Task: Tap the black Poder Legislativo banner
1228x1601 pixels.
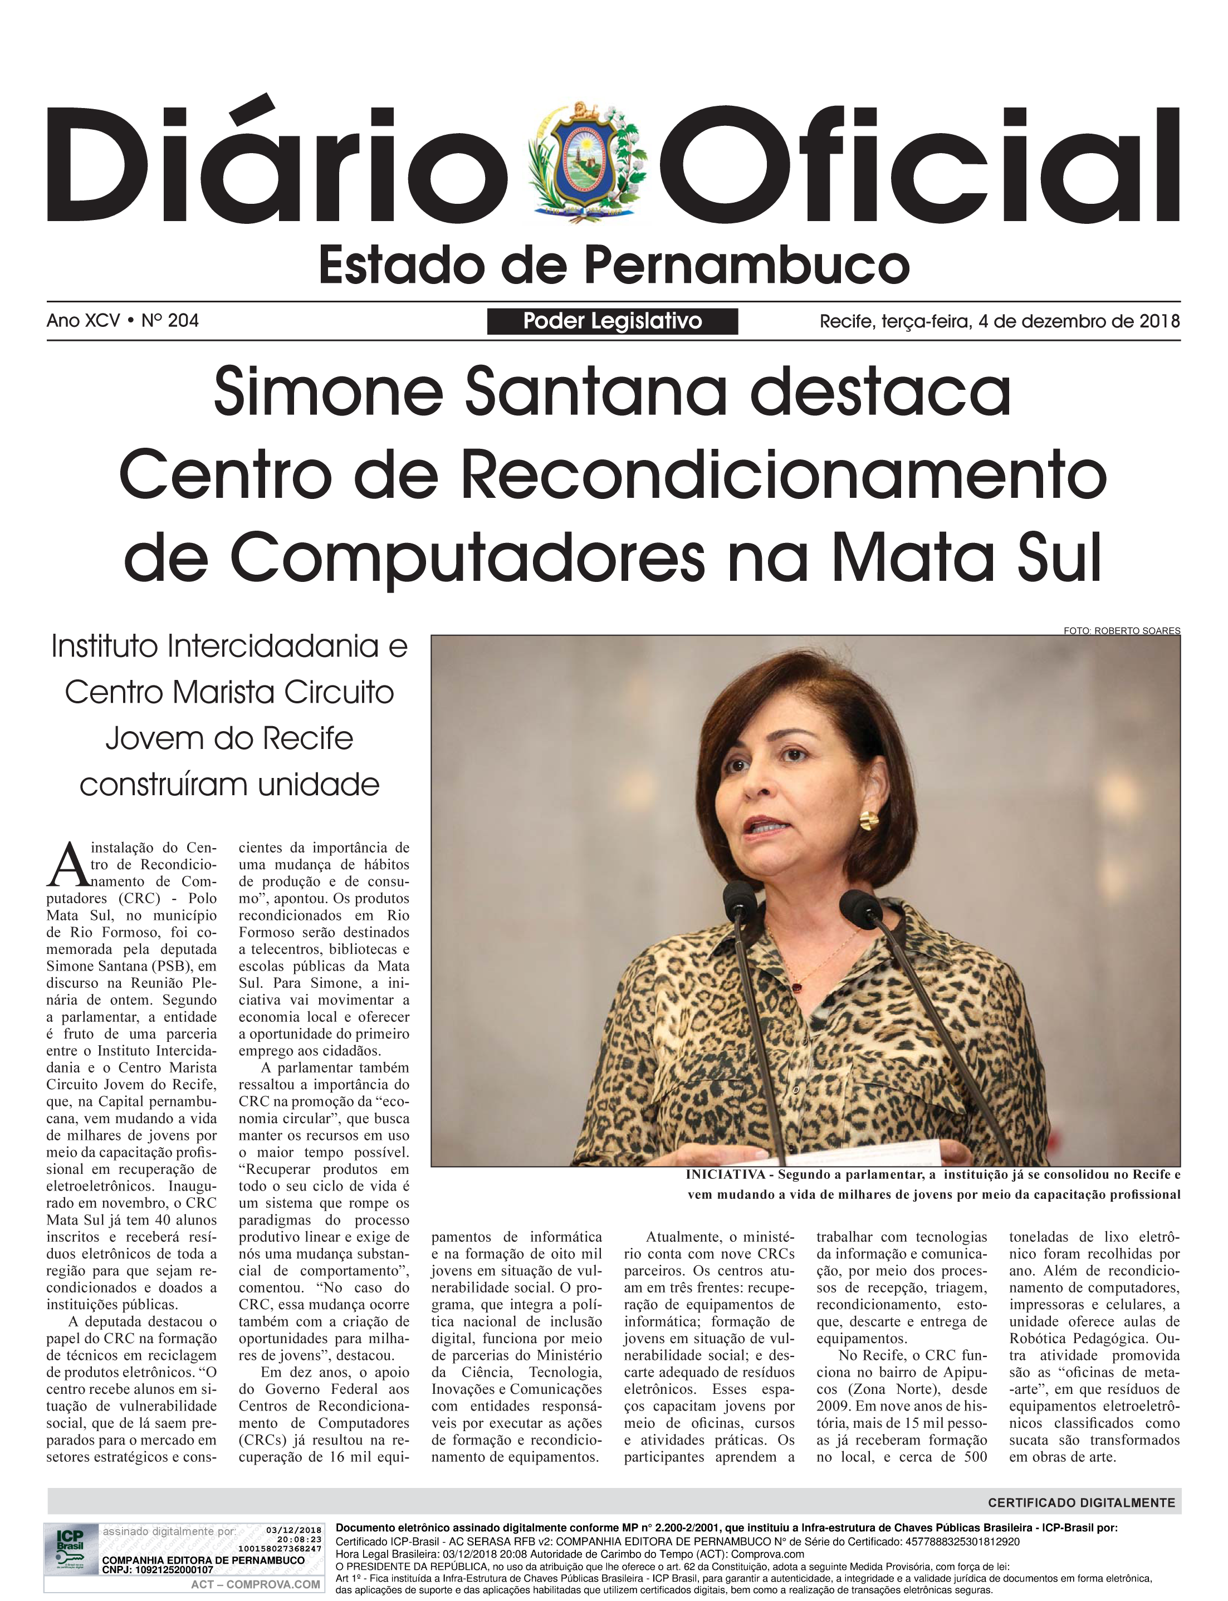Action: click(612, 321)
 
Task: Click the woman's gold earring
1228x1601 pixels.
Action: click(868, 819)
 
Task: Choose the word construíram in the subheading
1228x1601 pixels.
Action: click(156, 785)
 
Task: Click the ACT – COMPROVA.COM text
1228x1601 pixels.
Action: click(255, 1584)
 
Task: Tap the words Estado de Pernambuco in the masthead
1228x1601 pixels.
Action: click(613, 266)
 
